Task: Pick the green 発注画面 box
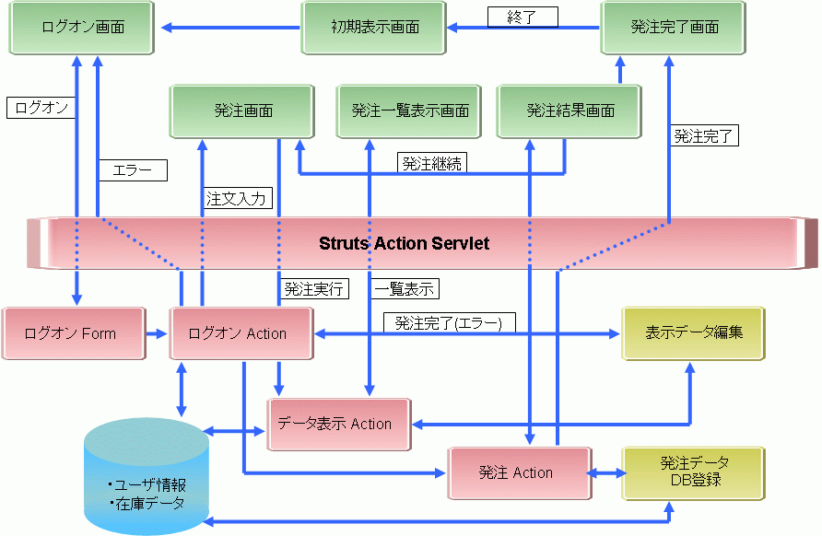(243, 111)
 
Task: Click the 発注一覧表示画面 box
(410, 111)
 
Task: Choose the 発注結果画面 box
(570, 111)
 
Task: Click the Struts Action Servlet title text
(404, 244)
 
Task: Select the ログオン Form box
(72, 333)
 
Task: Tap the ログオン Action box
(241, 333)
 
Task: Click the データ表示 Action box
(338, 424)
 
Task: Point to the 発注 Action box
(518, 472)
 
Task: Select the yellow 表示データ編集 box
(693, 332)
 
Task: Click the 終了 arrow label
(522, 17)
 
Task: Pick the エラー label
(133, 170)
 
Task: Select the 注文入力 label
(236, 198)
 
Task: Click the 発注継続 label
(432, 164)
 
